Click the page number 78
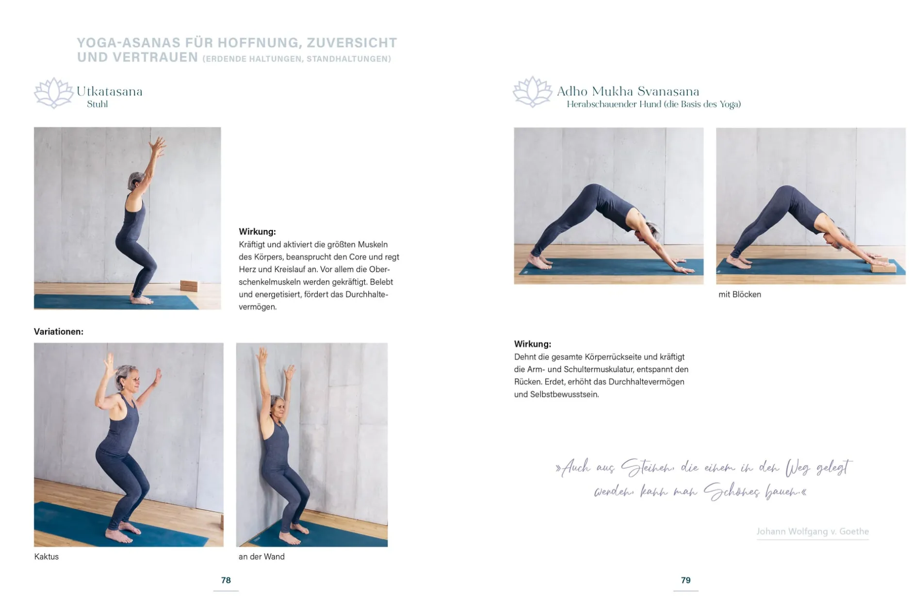[x=226, y=580]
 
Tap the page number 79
[x=685, y=580]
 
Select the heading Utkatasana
[x=109, y=91]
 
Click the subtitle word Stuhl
[x=97, y=104]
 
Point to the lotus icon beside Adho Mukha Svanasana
[x=532, y=92]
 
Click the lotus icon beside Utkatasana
[x=54, y=93]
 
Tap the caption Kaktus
[x=46, y=556]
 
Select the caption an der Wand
[x=261, y=556]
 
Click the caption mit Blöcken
[x=740, y=294]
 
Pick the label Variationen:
[x=59, y=332]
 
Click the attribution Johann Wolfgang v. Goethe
[x=813, y=531]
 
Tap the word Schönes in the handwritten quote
[x=732, y=491]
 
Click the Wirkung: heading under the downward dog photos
[x=533, y=344]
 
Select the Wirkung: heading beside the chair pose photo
[x=257, y=232]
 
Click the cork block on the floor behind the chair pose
[x=189, y=285]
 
